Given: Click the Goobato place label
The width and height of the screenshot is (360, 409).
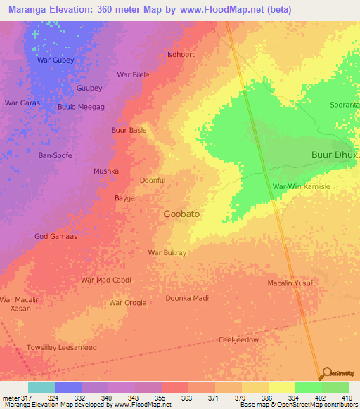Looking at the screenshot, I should click(x=185, y=214).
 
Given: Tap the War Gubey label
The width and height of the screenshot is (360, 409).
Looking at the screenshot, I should click(x=55, y=60).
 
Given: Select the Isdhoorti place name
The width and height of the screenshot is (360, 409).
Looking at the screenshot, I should click(x=181, y=54).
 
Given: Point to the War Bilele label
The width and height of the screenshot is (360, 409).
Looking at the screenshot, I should click(x=133, y=74).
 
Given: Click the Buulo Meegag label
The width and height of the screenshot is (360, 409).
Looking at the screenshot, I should click(x=81, y=107).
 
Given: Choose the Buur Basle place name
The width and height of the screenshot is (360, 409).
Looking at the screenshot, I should click(x=129, y=130).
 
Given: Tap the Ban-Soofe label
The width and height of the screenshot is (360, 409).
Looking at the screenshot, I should click(x=55, y=155).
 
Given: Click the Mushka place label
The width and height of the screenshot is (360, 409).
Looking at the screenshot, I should click(x=106, y=171).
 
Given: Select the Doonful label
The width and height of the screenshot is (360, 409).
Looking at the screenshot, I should click(x=153, y=181).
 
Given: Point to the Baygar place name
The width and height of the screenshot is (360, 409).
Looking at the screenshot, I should click(x=126, y=198).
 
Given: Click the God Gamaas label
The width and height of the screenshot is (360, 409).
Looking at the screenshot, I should click(x=56, y=236).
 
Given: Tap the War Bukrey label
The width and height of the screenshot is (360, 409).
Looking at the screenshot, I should click(x=167, y=252).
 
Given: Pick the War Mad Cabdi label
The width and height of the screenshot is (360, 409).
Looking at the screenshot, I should click(x=106, y=280).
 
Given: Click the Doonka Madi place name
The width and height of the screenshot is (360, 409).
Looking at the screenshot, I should click(x=187, y=298).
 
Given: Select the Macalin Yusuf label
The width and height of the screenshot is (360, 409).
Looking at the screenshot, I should click(x=290, y=283).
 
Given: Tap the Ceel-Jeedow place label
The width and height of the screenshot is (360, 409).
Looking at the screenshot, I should click(x=239, y=339).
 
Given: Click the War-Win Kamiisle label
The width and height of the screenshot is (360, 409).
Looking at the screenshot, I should click(x=300, y=186).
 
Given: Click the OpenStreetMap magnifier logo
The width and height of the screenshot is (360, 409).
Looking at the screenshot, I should click(x=326, y=372).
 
